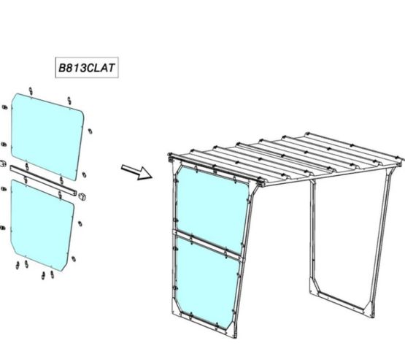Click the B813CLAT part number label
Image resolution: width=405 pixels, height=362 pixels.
coord(87,68)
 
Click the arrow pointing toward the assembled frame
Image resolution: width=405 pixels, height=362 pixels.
coord(136,172)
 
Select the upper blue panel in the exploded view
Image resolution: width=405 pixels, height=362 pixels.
coord(47,137)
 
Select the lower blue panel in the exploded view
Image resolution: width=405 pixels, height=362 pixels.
coord(42,226)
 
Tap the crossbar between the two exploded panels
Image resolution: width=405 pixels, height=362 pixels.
coord(43,180)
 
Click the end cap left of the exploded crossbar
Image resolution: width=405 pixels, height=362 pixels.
coord(3,163)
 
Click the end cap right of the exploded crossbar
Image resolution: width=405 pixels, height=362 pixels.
coord(82,196)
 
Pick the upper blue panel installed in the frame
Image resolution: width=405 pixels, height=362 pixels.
coord(212,209)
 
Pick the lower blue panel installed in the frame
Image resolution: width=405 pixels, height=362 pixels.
coord(207,282)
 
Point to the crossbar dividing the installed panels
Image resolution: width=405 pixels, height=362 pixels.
coord(208,245)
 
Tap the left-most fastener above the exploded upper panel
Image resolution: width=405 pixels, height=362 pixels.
coord(31,91)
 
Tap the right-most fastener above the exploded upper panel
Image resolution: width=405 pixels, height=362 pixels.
coord(69,100)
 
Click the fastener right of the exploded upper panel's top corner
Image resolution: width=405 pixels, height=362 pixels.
coord(90,131)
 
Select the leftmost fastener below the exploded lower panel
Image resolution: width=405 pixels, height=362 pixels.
coord(18,265)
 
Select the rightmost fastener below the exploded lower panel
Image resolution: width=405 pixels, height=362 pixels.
coord(52,274)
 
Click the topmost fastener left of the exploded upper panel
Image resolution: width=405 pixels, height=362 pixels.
coord(4,107)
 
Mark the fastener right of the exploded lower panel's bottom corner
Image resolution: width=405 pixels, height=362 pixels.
coord(74,258)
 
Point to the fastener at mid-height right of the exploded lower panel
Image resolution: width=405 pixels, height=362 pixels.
coord(80,223)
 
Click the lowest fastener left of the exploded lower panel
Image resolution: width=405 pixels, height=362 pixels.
coord(3,228)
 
